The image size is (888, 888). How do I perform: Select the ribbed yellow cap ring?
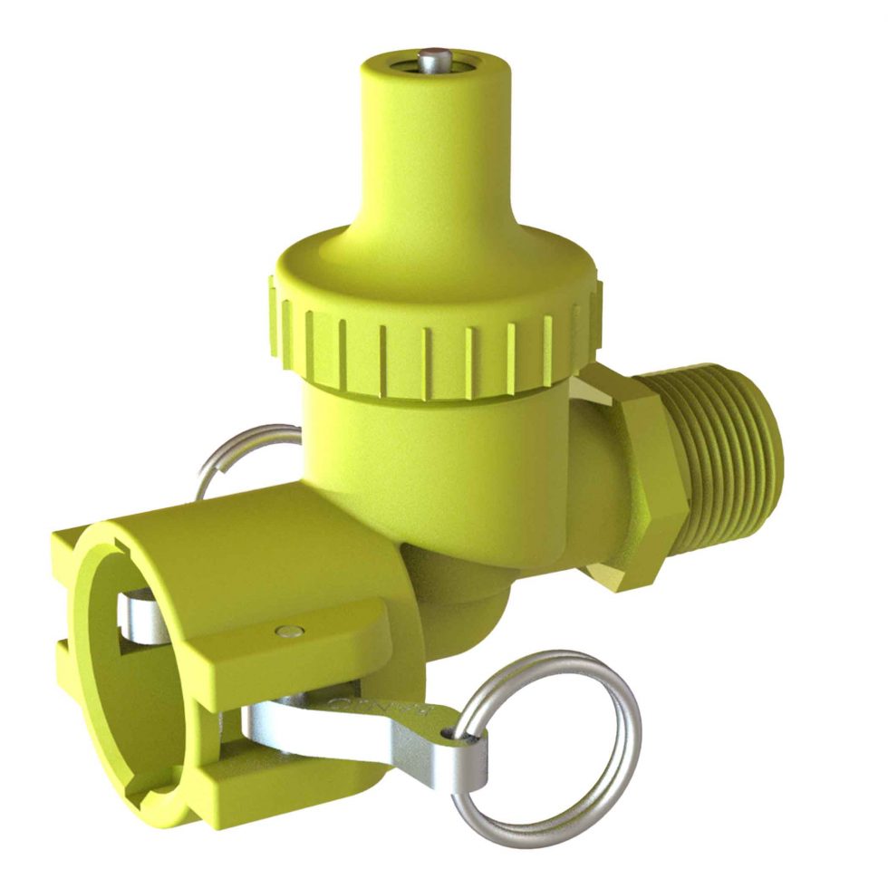426,344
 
